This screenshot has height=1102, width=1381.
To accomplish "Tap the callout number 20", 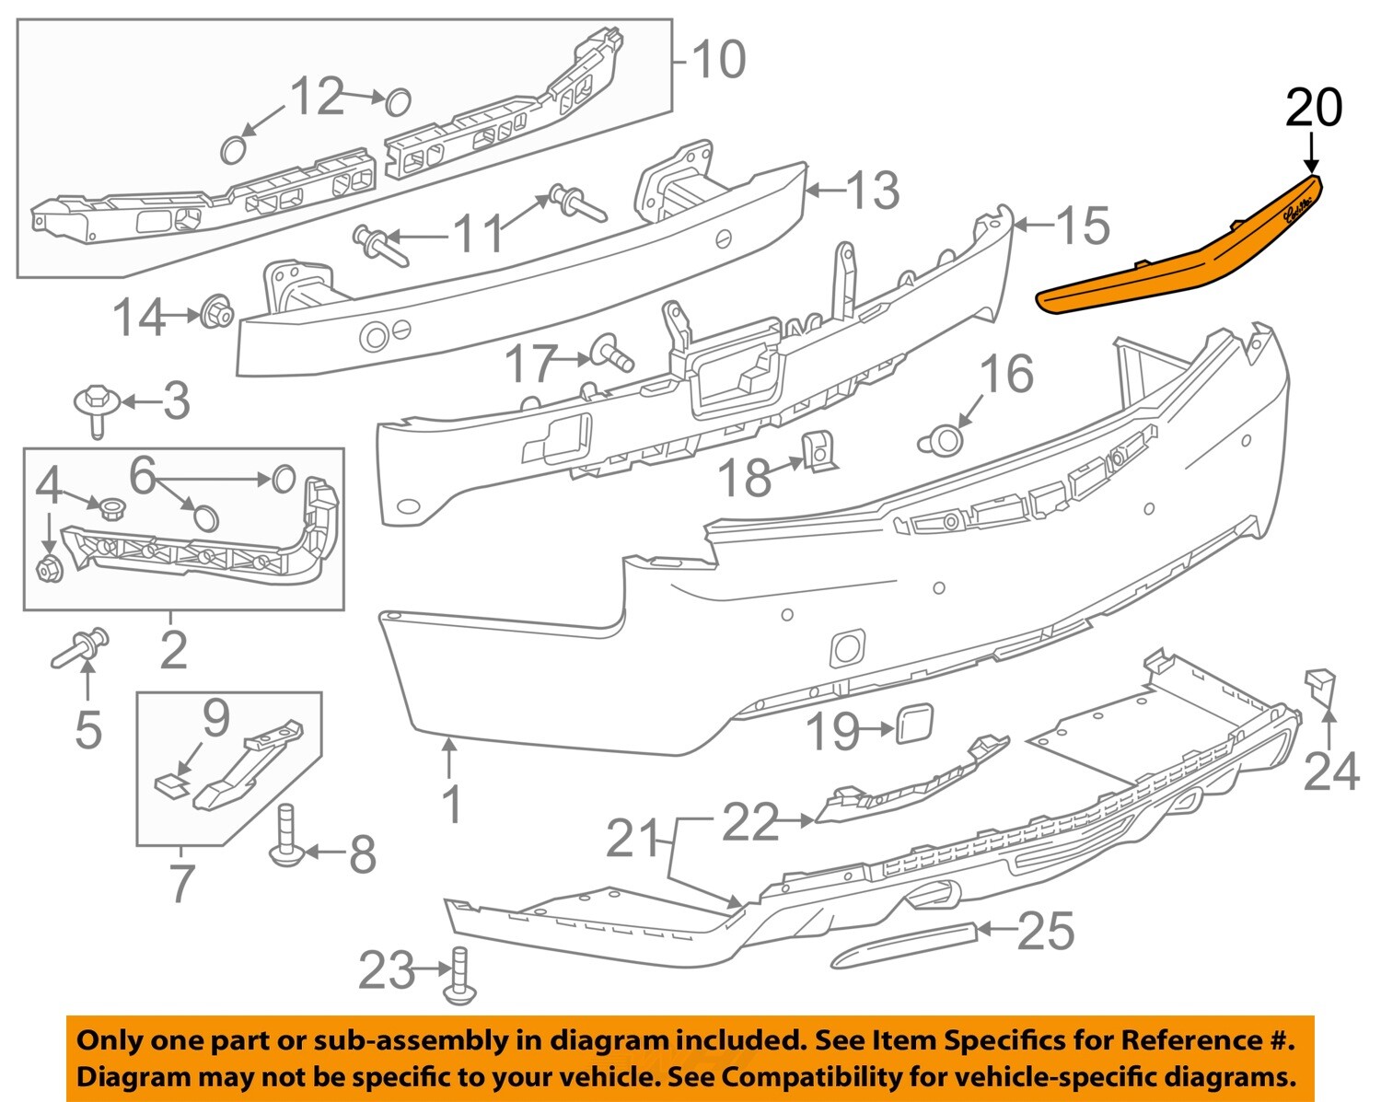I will click(x=1314, y=108).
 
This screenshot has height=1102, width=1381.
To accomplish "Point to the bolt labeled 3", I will click(x=95, y=409).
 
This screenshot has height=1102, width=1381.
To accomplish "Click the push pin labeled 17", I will click(x=610, y=352).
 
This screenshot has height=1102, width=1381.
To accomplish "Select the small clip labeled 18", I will click(x=818, y=450).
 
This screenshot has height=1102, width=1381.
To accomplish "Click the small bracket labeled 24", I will click(x=1319, y=687).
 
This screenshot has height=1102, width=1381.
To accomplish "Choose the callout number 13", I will click(x=872, y=191).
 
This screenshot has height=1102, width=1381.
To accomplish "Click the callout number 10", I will click(x=718, y=61).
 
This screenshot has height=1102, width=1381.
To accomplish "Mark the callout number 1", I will click(x=451, y=805).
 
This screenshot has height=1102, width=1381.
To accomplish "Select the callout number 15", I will click(x=1083, y=226).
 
